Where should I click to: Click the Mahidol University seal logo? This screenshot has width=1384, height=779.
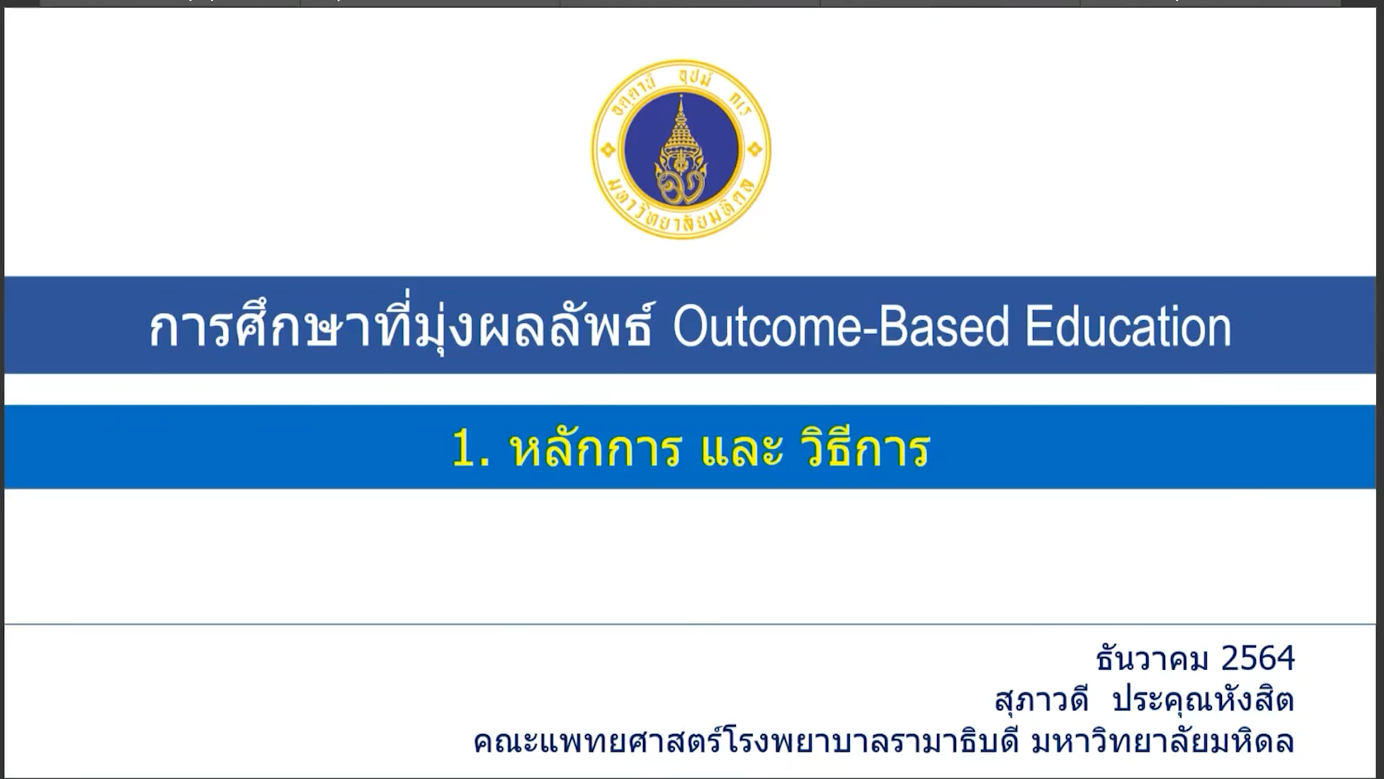[681, 149]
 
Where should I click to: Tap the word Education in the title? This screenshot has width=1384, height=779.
[1128, 327]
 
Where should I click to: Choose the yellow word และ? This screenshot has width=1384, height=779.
[742, 450]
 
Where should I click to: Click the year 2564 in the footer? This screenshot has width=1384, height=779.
[1259, 658]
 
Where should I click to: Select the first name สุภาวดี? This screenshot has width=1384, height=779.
[1042, 699]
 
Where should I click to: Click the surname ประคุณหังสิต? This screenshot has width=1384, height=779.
[1203, 699]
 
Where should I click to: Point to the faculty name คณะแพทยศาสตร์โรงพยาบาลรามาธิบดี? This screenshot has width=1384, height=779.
[746, 741]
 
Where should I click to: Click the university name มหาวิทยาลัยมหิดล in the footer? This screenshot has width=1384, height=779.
[1163, 741]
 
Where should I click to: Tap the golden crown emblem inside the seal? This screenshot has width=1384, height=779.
[681, 151]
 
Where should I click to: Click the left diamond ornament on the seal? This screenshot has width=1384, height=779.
[608, 150]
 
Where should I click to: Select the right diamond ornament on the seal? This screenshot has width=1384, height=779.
[755, 150]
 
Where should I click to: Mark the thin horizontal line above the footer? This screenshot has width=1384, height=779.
[690, 624]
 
